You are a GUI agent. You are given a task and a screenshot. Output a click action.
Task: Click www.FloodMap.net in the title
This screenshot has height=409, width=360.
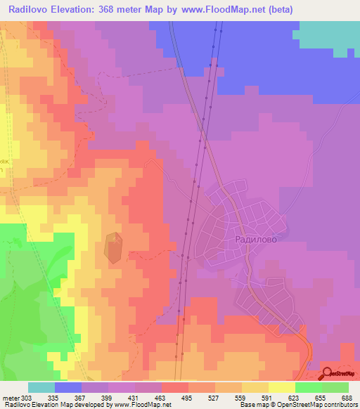tap(217, 10)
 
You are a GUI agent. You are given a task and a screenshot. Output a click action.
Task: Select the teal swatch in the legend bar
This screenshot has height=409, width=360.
tap(41, 387)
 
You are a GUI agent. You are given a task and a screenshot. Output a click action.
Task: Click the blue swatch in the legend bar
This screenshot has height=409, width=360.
tap(68, 387)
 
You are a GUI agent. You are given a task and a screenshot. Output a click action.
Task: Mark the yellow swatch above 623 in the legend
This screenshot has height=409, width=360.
tap(282, 387)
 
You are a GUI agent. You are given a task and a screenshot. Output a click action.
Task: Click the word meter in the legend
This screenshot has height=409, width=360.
tap(10, 397)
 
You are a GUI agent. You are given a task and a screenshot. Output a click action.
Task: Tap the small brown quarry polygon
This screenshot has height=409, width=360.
tap(114, 248)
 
